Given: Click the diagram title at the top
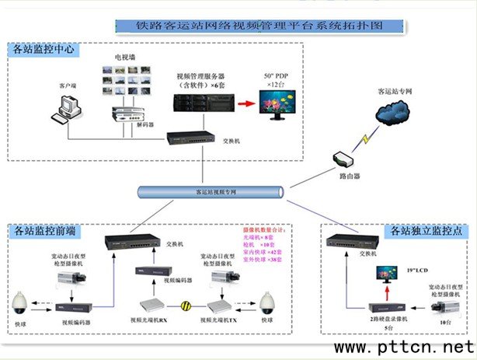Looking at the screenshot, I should click(x=259, y=25).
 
